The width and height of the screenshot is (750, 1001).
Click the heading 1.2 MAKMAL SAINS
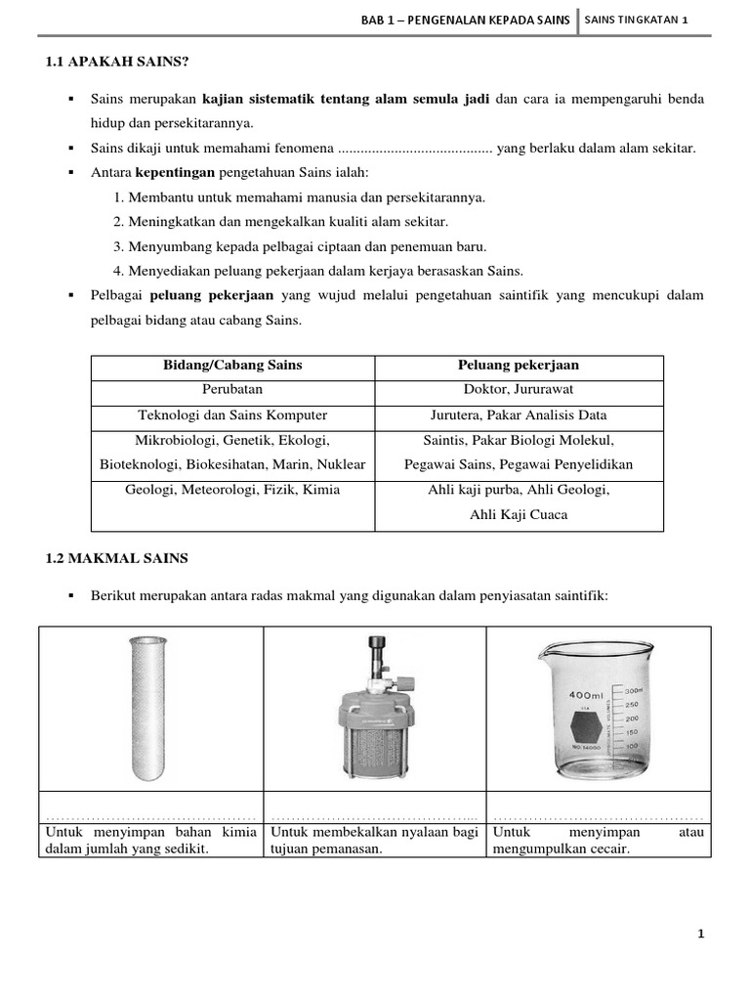(117, 558)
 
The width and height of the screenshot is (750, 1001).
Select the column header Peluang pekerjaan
(519, 366)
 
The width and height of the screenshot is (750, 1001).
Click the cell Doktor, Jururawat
(519, 390)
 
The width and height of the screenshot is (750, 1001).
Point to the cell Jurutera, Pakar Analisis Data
(519, 414)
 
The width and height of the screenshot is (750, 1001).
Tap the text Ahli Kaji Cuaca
(519, 514)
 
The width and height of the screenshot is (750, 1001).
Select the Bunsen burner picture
(374, 715)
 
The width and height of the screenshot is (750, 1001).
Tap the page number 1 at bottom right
(700, 934)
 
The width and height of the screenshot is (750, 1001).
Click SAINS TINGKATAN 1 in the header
(644, 21)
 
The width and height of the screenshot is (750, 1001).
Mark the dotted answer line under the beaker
(599, 816)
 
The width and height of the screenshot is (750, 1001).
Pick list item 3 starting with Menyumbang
(300, 246)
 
